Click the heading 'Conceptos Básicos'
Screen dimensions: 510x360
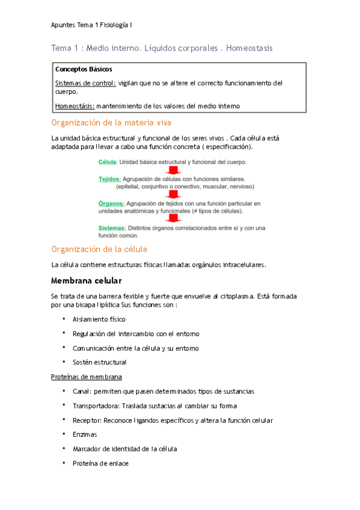tap(83, 69)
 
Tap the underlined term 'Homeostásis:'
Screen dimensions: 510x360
tap(75, 106)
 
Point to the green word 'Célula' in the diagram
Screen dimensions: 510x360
tap(107, 162)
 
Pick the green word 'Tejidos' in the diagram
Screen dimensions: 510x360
tap(109, 179)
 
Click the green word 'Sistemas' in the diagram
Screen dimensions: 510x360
tap(111, 228)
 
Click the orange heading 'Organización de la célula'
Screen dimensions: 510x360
tap(99, 249)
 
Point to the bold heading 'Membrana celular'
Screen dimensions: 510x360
tap(87, 280)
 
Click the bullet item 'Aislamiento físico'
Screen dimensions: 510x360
tap(99, 319)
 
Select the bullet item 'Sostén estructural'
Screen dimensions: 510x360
tap(99, 363)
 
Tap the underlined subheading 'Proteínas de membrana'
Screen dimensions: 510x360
tap(87, 377)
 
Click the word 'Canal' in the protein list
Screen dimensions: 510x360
tap(81, 391)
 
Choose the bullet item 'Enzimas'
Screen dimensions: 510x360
tap(85, 434)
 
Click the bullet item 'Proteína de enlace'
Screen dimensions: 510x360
tap(100, 463)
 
